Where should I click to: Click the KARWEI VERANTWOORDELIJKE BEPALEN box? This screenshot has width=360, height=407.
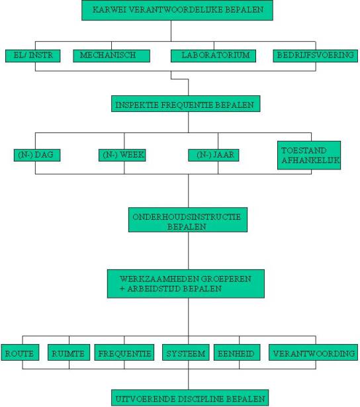pos(177,10)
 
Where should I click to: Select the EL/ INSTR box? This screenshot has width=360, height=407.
pos(33,56)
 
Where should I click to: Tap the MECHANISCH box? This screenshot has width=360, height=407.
pos(112,56)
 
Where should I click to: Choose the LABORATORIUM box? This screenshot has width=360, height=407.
pos(213,56)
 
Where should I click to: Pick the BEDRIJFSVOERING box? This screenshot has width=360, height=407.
pos(316,56)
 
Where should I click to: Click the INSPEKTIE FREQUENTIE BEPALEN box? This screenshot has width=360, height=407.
pos(186,104)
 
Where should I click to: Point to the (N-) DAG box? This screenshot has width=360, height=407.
pos(37,155)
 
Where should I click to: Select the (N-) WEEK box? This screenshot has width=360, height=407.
pos(122,155)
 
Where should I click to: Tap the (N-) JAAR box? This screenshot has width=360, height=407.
pos(214,155)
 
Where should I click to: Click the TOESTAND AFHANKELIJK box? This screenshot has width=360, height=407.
pos(309,156)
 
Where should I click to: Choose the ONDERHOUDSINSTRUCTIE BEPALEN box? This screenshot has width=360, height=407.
pos(188,220)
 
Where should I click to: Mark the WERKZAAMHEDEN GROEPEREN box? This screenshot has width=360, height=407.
pos(186,284)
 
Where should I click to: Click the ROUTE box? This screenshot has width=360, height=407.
pos(20,353)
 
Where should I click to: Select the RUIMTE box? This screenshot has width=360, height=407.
pos(69,353)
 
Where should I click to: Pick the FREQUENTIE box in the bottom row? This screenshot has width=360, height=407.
pos(124,353)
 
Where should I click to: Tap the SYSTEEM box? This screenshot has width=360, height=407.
pos(186,353)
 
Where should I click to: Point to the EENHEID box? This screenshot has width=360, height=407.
pos(237,353)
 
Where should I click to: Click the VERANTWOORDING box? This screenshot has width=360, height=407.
pos(313,353)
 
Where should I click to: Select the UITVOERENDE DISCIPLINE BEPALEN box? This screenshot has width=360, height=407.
pos(190,398)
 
